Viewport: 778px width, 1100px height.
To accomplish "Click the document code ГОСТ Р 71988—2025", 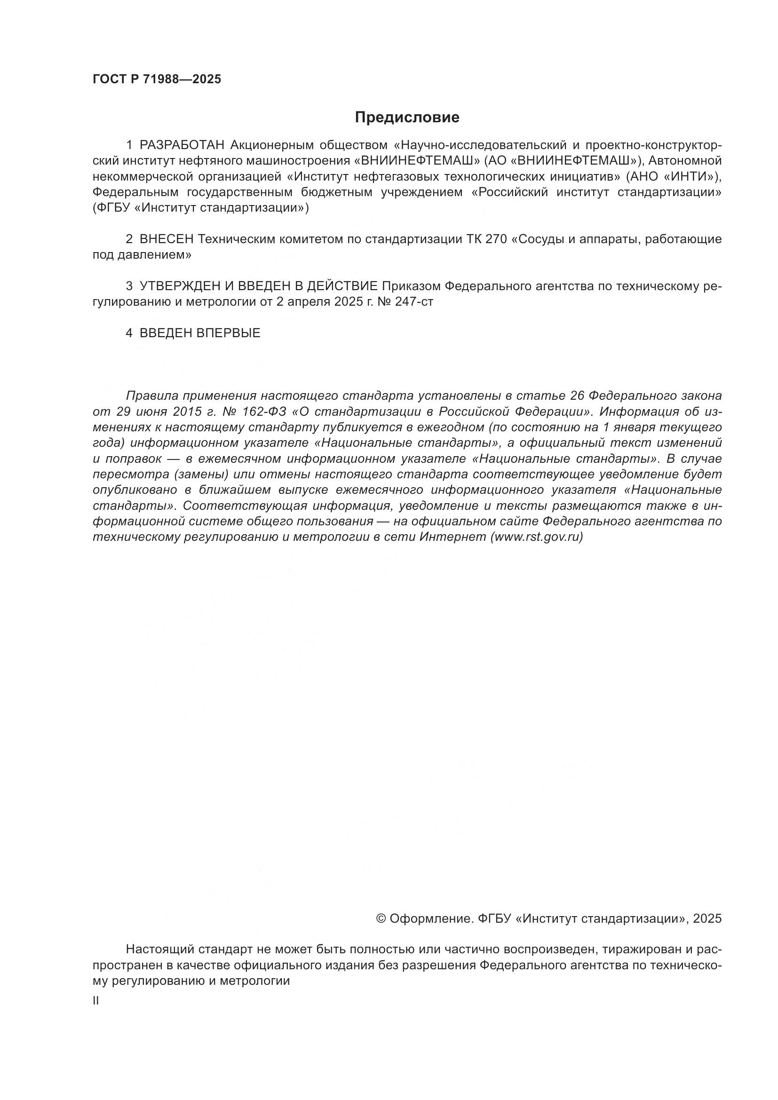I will pyautogui.click(x=157, y=79).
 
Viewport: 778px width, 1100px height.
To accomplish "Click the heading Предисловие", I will pyautogui.click(x=407, y=118).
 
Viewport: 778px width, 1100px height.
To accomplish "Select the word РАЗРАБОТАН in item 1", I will pyautogui.click(x=182, y=145).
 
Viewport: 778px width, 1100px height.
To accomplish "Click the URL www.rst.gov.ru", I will pyautogui.click(x=537, y=537).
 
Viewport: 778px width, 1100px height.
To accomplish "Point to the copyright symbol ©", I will pyautogui.click(x=382, y=918).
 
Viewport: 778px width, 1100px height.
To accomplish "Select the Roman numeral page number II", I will pyautogui.click(x=95, y=1001).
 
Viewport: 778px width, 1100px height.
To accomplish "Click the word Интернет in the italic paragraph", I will pyautogui.click(x=452, y=537).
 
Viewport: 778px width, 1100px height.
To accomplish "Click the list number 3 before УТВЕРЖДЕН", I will pyautogui.click(x=129, y=286).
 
